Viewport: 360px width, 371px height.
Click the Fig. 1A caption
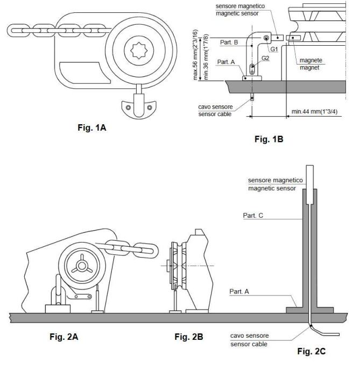(x=92, y=128)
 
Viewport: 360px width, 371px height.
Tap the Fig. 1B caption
(x=269, y=139)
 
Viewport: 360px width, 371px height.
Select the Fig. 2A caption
(x=63, y=337)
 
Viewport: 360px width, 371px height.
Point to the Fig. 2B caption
(x=189, y=337)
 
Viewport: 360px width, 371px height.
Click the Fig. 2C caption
(x=312, y=351)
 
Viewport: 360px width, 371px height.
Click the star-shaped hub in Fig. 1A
(x=139, y=51)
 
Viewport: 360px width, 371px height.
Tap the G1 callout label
(x=274, y=49)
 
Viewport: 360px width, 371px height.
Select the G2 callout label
(x=265, y=58)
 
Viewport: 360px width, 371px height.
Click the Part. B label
(x=229, y=42)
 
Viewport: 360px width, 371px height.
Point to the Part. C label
(x=253, y=216)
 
